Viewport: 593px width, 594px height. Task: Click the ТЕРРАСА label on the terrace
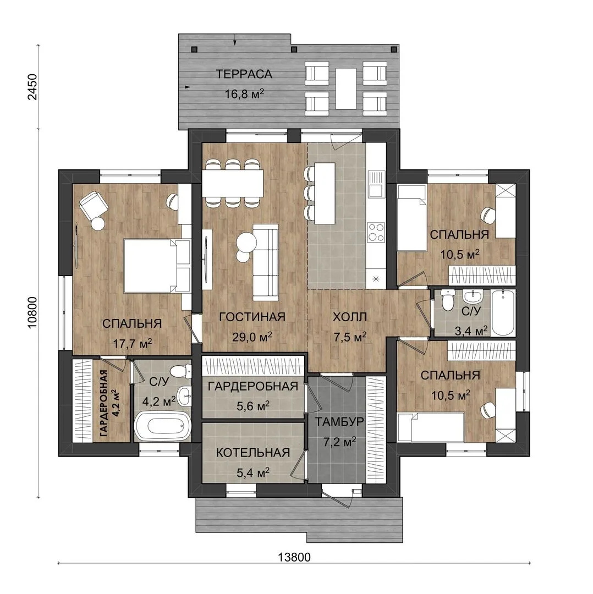[244, 74]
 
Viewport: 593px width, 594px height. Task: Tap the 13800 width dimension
[294, 557]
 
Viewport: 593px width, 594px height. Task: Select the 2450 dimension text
[33, 86]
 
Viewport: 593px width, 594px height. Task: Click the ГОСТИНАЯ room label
[252, 317]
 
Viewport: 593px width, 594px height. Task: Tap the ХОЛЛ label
[350, 317]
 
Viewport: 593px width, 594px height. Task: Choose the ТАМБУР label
[339, 421]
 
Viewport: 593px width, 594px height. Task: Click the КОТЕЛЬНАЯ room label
[252, 452]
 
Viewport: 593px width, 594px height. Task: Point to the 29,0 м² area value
[252, 337]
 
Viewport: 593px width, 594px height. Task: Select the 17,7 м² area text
[132, 343]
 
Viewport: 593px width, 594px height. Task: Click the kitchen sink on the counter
[376, 184]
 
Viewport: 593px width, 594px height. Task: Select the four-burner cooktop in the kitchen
[376, 232]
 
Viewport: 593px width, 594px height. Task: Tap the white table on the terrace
[346, 88]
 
